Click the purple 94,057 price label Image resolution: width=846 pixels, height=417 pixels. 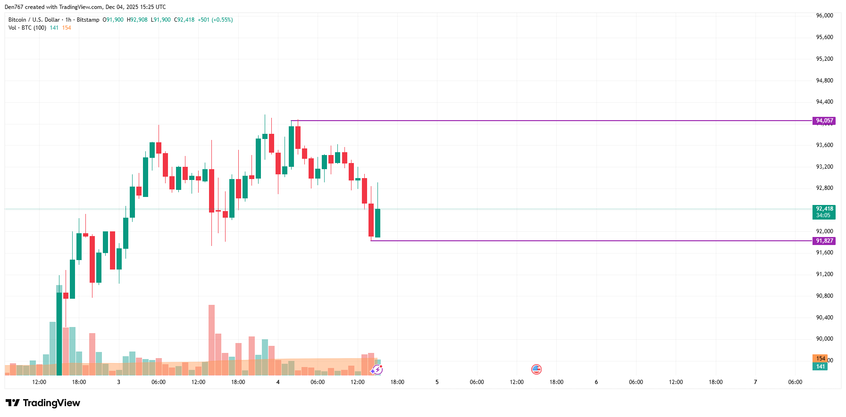(824, 121)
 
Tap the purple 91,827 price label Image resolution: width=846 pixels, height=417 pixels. (824, 241)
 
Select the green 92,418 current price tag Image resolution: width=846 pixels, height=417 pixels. (824, 212)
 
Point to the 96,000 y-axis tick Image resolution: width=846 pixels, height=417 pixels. (824, 16)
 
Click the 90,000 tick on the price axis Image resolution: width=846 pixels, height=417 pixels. (824, 339)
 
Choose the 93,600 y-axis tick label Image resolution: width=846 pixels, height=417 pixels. (824, 145)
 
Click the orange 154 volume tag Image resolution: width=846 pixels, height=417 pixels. (820, 359)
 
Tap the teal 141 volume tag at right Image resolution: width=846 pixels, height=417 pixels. (820, 367)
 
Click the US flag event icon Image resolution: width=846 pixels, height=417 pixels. (536, 369)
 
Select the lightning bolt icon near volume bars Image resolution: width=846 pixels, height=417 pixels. (377, 370)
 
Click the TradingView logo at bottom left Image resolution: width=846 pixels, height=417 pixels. (43, 403)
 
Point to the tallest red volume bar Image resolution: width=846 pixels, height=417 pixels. (211, 339)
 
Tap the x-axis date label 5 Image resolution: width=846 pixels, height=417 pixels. (437, 382)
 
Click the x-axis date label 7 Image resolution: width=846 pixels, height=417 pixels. (755, 382)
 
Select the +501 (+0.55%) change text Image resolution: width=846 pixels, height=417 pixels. (215, 20)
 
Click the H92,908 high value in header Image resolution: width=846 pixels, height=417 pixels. (137, 20)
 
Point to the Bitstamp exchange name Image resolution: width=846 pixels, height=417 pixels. (88, 20)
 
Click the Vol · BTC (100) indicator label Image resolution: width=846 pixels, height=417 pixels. (27, 28)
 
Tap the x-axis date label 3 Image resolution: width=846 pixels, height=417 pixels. (118, 382)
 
